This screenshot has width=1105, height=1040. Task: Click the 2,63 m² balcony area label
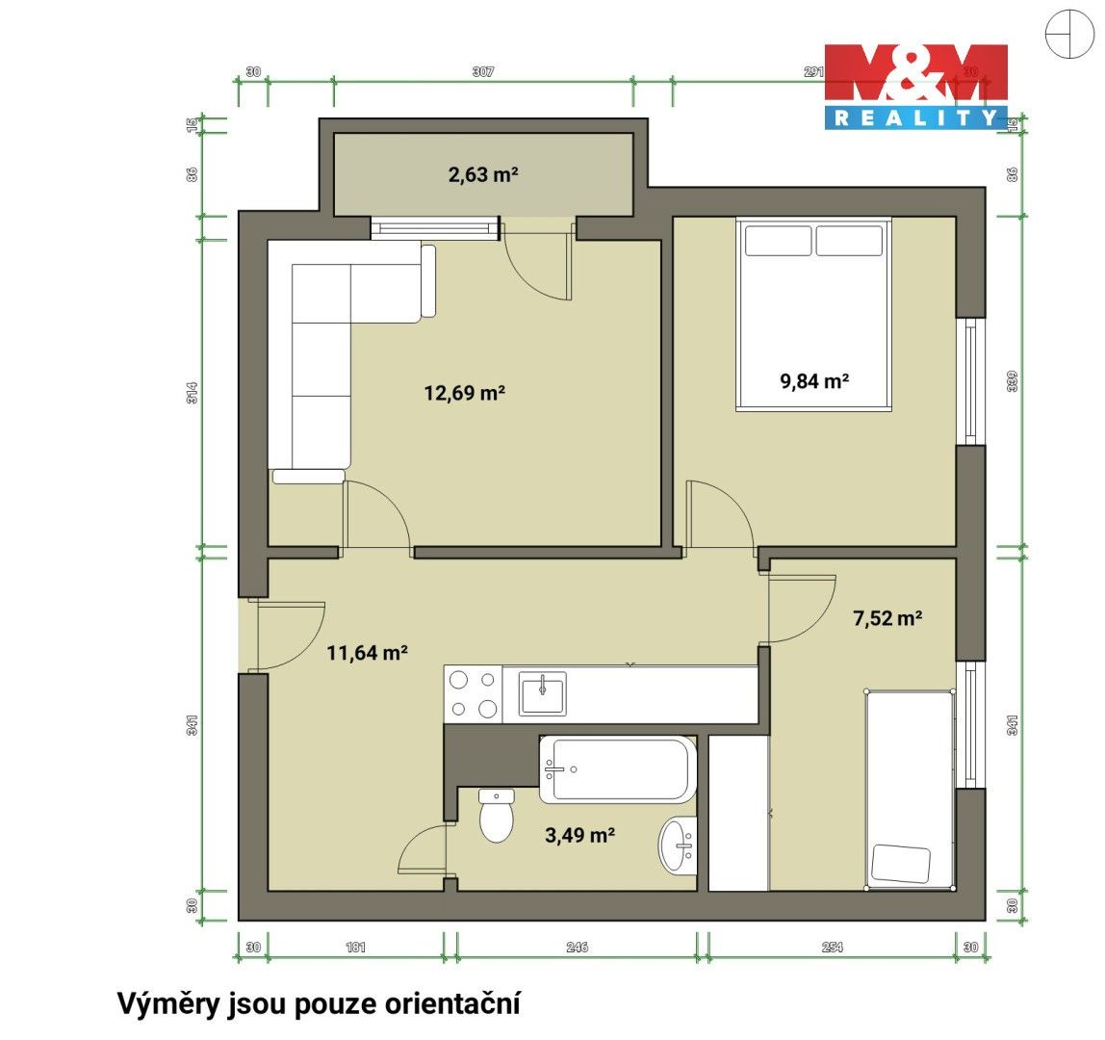click(483, 174)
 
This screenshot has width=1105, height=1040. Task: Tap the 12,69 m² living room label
click(465, 393)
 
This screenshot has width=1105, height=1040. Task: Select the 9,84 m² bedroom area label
click(813, 380)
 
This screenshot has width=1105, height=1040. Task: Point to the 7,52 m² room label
click(887, 618)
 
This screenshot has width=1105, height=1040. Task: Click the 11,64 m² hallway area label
click(368, 653)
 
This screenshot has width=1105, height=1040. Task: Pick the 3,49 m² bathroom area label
click(579, 836)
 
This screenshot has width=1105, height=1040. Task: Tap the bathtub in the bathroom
click(617, 769)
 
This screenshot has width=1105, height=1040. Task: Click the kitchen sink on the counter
click(543, 694)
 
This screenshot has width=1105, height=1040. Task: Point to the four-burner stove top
click(473, 694)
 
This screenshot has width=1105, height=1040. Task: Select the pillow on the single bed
click(901, 863)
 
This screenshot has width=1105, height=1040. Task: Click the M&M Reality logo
click(915, 87)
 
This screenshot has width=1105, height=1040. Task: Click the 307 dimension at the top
click(483, 72)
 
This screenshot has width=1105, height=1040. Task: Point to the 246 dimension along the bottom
click(577, 948)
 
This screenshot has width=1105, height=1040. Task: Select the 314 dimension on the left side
click(193, 393)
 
